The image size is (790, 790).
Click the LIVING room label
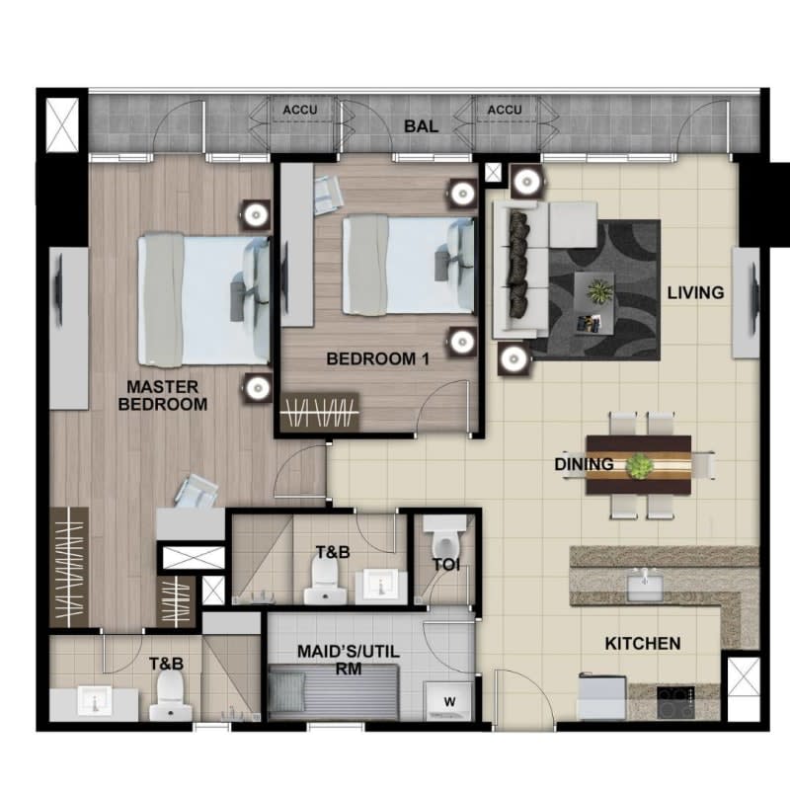tap(695, 292)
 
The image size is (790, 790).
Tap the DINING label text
tap(584, 464)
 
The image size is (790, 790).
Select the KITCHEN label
tap(643, 644)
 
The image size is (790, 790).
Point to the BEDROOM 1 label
tap(378, 358)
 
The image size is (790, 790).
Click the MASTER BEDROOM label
tap(163, 396)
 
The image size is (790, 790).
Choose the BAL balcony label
tap(422, 126)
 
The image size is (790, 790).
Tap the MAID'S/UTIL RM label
tap(349, 660)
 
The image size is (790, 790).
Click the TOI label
tap(446, 565)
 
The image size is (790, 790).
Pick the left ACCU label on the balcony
tap(300, 110)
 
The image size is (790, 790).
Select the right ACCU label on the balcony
tap(505, 110)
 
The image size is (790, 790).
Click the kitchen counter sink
tap(645, 588)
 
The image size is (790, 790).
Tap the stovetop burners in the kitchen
tap(675, 702)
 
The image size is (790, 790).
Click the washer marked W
tap(449, 701)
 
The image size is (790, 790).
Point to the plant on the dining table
tap(639, 466)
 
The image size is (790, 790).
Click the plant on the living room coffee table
tap(600, 291)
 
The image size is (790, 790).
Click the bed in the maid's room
tap(334, 692)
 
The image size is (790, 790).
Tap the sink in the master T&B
tap(95, 700)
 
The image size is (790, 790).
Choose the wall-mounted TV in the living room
tap(754, 303)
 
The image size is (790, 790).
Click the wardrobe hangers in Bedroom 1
tap(319, 413)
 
